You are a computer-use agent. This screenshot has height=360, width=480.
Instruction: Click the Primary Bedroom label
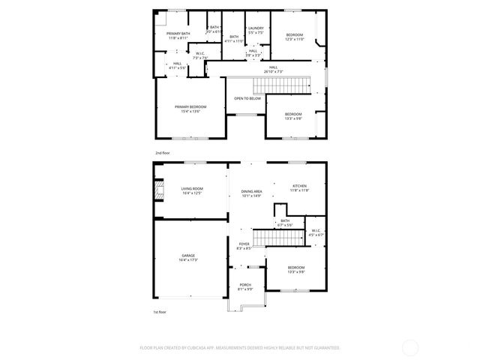coord(190,109)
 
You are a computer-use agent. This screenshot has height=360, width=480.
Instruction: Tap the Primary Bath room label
coord(178,36)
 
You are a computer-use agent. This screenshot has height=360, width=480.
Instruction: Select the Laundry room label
coord(256,31)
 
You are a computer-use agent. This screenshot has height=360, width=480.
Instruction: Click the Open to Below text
coord(247,98)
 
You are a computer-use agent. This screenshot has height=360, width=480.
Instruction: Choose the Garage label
coord(187,258)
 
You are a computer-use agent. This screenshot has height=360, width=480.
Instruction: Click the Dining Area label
coord(251,193)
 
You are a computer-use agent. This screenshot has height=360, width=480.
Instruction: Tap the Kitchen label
coord(299,187)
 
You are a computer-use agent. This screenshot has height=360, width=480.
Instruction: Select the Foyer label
coord(244,246)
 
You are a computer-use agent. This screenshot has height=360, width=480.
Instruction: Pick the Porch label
coord(245,286)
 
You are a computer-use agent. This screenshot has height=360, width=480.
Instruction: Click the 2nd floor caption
coord(162,152)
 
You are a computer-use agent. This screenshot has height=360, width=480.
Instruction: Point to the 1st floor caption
coord(160,311)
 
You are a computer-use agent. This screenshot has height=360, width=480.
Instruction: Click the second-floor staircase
coord(281,85)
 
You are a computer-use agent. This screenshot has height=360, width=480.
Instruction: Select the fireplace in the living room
coord(159,191)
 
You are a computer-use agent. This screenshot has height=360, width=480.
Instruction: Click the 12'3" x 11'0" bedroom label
coord(294,37)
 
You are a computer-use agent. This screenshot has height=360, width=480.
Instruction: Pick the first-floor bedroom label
coord(296,269)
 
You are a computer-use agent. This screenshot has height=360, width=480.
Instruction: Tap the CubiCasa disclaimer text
coord(240,347)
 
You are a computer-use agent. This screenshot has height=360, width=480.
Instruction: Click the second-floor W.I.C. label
coord(200,55)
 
